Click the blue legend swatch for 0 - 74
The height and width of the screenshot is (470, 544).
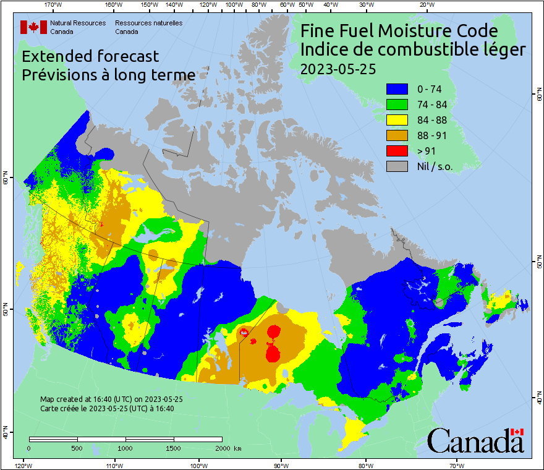click(397, 89)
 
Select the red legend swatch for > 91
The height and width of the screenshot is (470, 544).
click(397, 151)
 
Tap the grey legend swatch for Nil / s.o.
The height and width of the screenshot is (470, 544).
click(397, 166)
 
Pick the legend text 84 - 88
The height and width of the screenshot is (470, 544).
click(433, 120)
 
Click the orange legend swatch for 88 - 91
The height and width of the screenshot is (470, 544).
click(397, 135)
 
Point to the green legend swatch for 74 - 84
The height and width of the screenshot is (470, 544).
click(397, 105)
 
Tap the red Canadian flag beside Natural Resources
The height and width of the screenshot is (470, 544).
click(33, 27)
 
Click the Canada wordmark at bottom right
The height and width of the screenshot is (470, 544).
click(475, 440)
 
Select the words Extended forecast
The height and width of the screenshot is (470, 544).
click(90, 56)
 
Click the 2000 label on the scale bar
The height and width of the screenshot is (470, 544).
click(223, 448)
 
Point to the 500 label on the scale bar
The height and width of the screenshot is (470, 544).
click(76, 448)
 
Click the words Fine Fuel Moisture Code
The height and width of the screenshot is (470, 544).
click(399, 31)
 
